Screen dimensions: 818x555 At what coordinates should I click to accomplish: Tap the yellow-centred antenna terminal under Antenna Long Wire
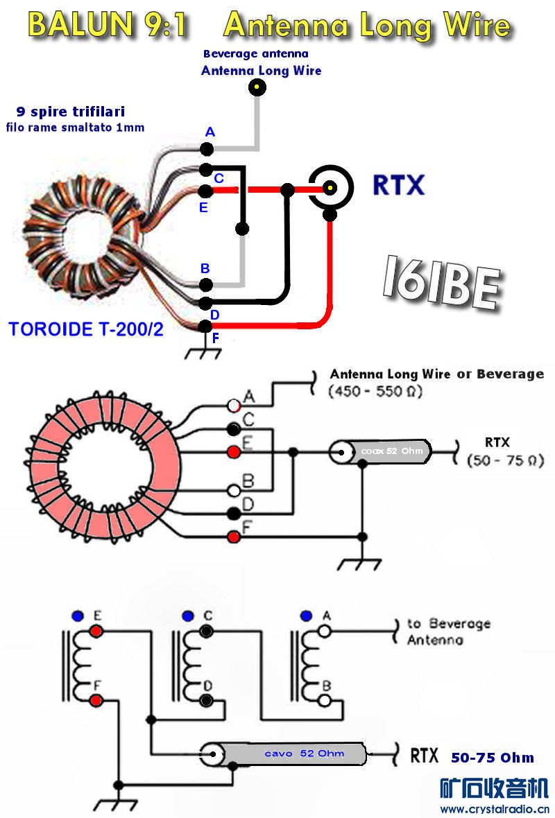(x=257, y=87)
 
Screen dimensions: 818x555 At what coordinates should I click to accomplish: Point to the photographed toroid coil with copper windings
(x=82, y=229)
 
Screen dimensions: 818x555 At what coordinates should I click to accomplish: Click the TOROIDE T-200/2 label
(x=86, y=329)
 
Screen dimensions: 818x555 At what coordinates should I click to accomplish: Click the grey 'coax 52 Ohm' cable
(x=388, y=453)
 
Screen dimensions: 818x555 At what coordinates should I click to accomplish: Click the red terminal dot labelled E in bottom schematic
(x=96, y=631)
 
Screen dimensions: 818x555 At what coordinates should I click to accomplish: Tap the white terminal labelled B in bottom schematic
(x=324, y=700)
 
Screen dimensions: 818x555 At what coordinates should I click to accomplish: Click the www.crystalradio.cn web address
(x=495, y=809)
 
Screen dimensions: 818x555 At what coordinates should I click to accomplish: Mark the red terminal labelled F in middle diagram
(x=234, y=536)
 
